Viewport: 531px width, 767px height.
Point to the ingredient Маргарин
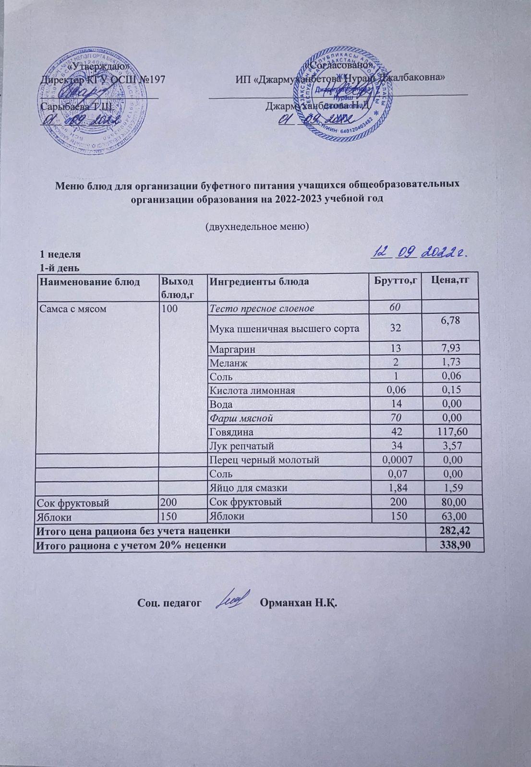pos(229,349)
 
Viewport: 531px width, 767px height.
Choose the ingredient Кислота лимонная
pos(252,390)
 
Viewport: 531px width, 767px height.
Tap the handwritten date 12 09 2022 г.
pos(421,253)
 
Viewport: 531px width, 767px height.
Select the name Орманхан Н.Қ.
pos(298,602)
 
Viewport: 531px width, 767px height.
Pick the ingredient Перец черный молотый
pos(264,460)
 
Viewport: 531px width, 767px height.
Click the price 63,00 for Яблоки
pos(452,516)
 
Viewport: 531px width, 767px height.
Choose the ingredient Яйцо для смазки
pos(248,488)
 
